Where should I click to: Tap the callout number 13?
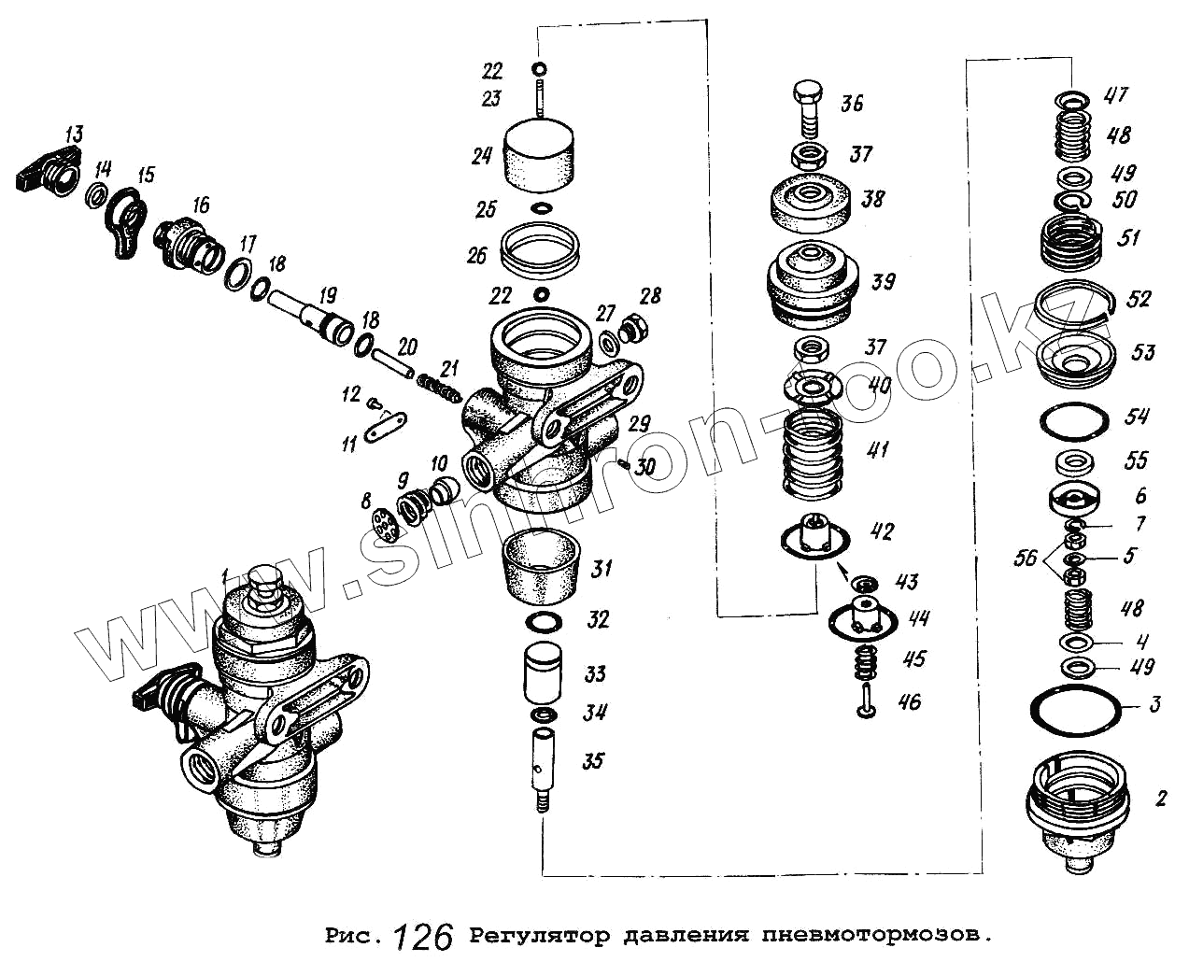point(74,134)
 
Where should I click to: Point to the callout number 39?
point(883,281)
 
